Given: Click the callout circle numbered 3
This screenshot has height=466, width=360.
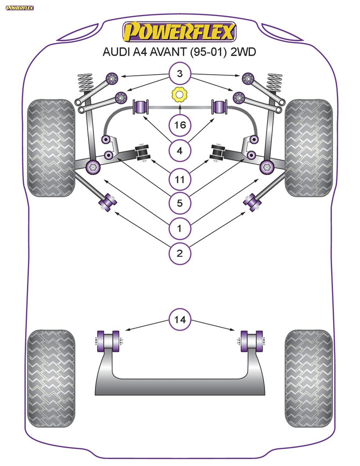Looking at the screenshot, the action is (x=179, y=74).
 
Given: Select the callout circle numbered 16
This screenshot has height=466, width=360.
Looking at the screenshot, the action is (x=179, y=125).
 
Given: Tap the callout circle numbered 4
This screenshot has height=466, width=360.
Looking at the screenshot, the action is (x=179, y=150).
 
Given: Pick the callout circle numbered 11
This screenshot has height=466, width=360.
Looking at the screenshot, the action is (x=179, y=179).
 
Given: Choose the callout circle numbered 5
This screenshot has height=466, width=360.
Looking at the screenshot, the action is (x=179, y=203).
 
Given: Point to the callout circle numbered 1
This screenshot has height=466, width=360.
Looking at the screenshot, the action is (x=179, y=228).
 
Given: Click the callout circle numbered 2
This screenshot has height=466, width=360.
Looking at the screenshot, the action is (x=179, y=253).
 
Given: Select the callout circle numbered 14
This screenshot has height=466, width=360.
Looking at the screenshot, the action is (x=179, y=319).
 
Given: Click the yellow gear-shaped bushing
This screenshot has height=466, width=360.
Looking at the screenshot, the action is (x=179, y=95).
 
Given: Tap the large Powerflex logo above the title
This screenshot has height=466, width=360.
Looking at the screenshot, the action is (x=179, y=32).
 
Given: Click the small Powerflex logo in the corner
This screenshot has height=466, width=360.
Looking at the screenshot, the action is (x=19, y=8).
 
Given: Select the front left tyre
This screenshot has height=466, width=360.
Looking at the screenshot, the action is (x=51, y=148).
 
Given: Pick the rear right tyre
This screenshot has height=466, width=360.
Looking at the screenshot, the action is (x=308, y=378).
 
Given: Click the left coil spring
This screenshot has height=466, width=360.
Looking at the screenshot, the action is (x=84, y=82).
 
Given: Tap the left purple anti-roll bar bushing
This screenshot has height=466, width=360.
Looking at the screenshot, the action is (x=141, y=107).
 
